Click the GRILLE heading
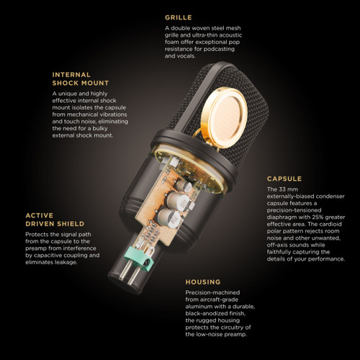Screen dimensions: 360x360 click(179, 17)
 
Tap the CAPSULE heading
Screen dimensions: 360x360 click(284, 179)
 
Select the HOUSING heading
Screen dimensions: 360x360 click(203, 282)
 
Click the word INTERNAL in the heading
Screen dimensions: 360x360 click(71, 75)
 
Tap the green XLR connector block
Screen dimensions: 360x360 click(139, 257)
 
